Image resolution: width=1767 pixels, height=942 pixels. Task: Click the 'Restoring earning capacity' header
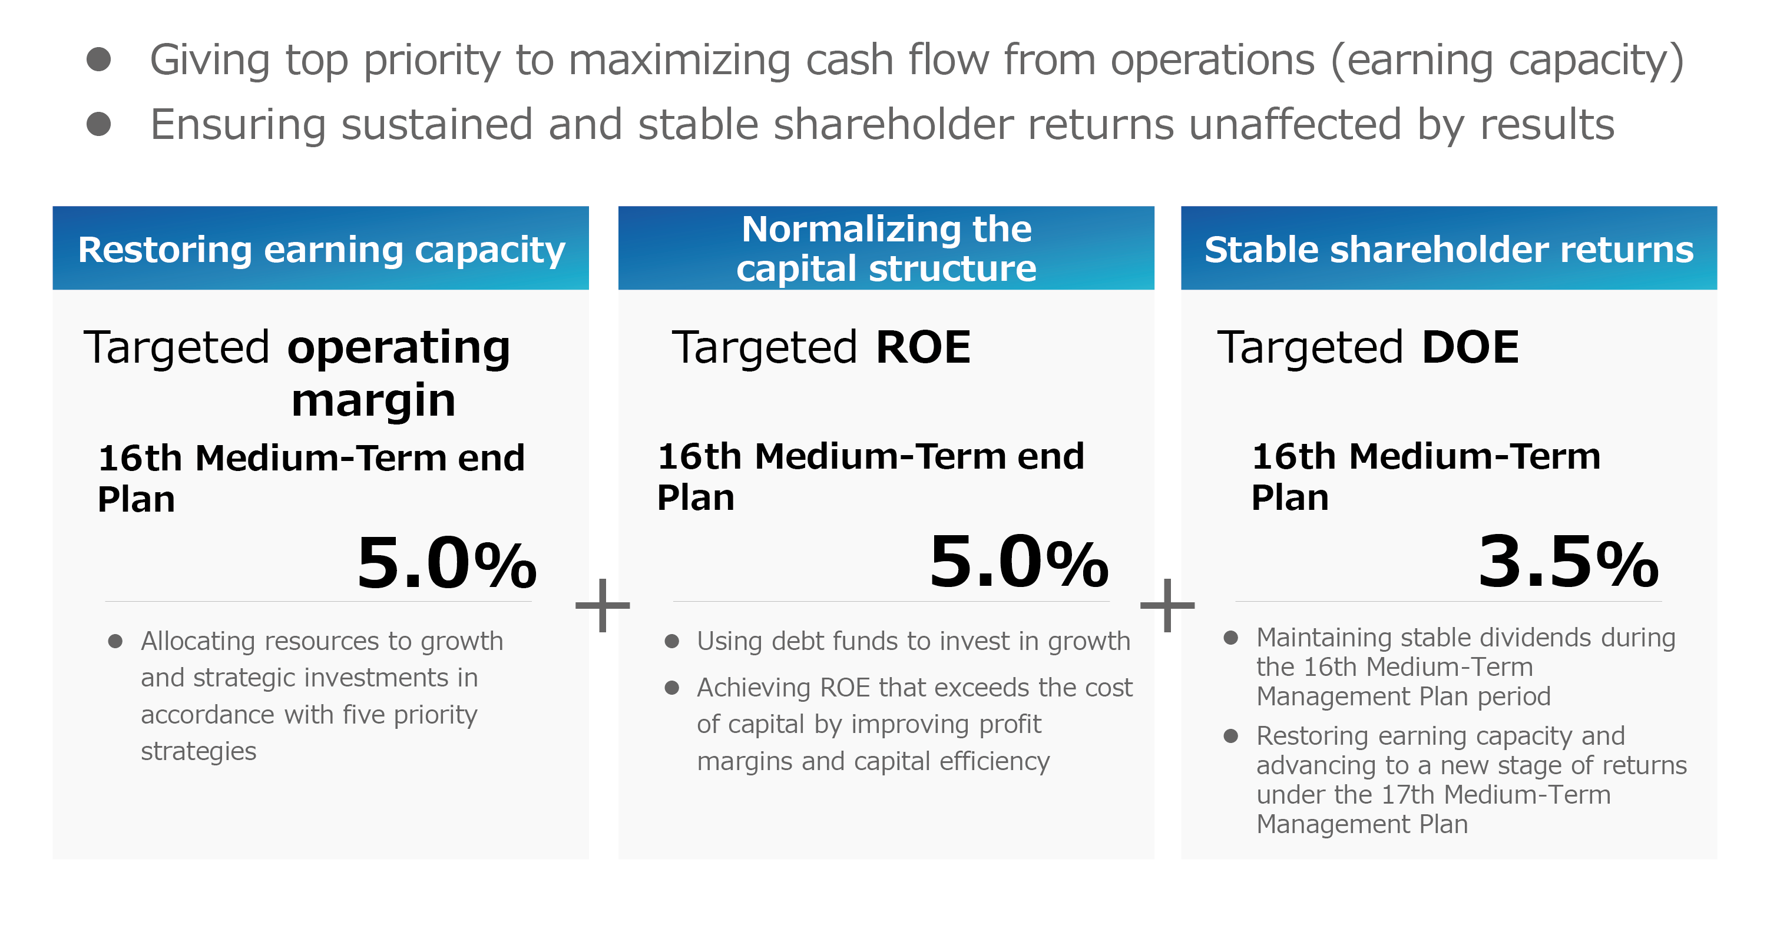(321, 248)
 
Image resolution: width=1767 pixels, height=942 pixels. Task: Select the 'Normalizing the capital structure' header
(886, 248)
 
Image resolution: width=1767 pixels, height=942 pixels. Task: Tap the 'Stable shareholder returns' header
(1449, 248)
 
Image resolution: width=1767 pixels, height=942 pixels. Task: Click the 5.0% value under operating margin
(446, 563)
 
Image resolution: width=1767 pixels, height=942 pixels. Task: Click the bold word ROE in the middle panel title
(924, 347)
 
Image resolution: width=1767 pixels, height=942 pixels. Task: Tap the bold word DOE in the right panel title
(1470, 347)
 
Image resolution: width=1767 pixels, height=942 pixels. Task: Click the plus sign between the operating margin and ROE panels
(603, 605)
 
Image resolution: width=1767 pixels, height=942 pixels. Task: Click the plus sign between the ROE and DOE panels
(1167, 605)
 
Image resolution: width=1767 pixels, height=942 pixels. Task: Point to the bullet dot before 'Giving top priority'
(99, 59)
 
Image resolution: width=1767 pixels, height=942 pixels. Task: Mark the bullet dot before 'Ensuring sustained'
(99, 124)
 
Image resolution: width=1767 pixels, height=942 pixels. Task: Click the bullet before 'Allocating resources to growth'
(115, 641)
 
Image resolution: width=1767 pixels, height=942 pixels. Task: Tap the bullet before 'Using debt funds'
(671, 641)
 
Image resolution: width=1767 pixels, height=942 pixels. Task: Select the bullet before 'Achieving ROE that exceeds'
(671, 687)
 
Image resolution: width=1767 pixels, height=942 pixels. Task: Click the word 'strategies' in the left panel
(199, 751)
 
